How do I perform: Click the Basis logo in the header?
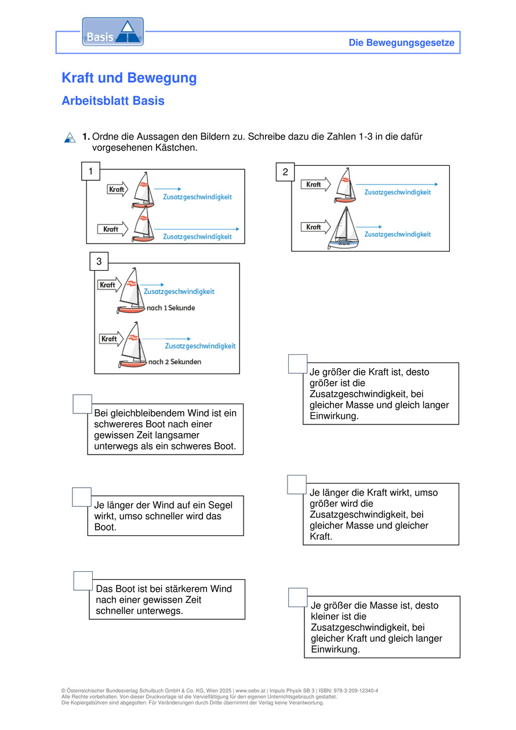point(112,32)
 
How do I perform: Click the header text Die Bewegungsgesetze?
point(401,43)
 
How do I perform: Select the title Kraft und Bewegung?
point(129,78)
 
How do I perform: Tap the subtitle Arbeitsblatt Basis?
point(113,101)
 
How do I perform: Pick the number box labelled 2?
point(285,172)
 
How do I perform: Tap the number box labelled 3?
point(99,262)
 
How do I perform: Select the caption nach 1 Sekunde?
point(171,308)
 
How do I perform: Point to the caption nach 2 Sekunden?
point(175,362)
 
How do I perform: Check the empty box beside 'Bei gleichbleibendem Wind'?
point(82,404)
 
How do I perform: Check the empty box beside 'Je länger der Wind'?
point(82,497)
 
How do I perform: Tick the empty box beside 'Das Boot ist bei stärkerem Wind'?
point(83,581)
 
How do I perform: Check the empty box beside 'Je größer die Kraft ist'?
point(298,364)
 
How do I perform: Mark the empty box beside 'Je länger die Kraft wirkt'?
point(297,485)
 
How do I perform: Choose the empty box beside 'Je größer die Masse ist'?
point(298,597)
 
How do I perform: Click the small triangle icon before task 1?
point(70,137)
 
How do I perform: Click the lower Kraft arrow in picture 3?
point(110,339)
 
